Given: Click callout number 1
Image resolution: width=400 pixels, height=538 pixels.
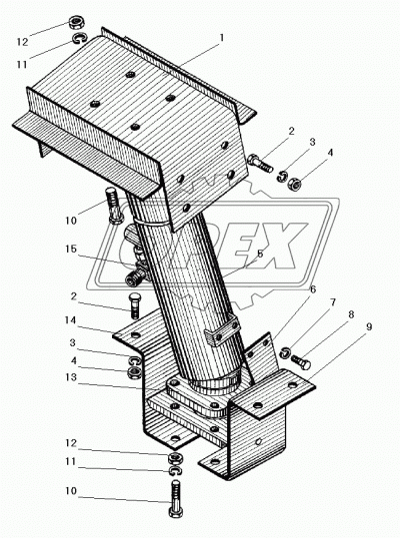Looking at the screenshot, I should (x=221, y=37).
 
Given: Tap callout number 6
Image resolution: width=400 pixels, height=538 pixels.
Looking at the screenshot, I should (x=312, y=288).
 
